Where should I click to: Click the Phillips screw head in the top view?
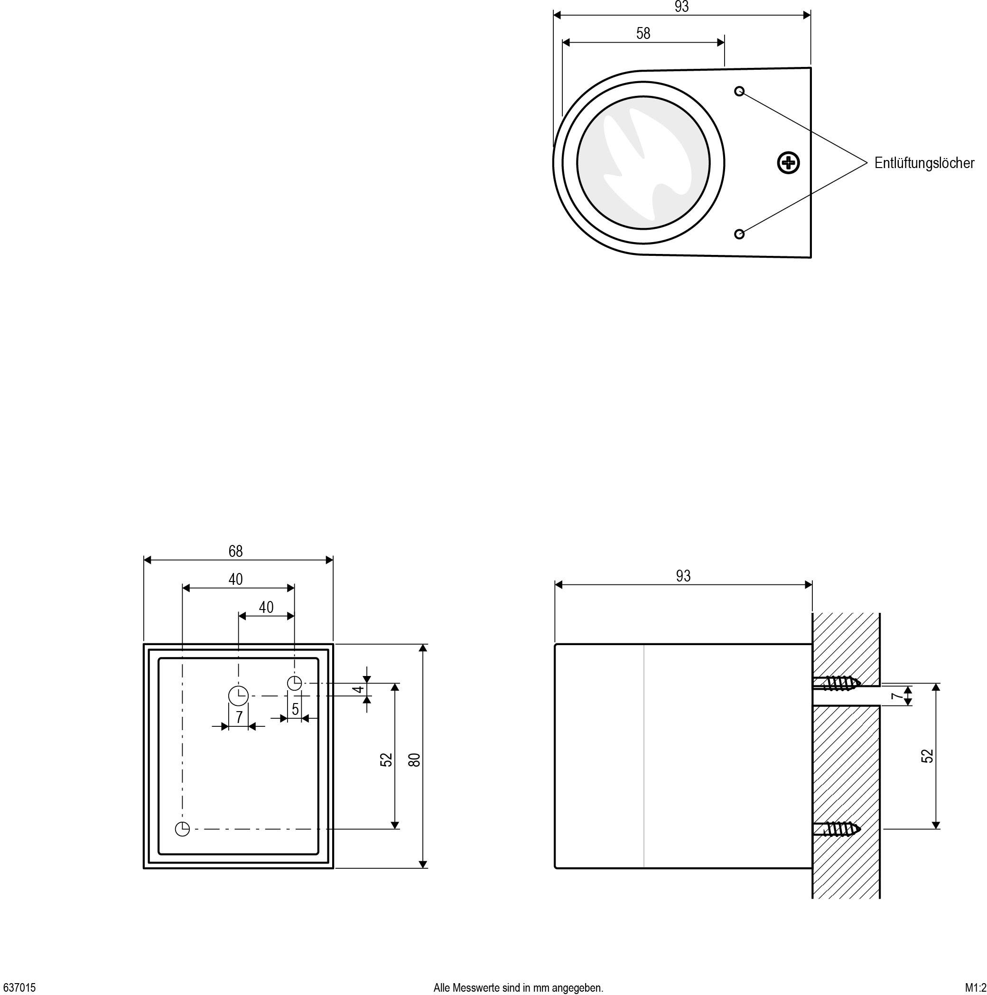(787, 163)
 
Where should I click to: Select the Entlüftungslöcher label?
(924, 163)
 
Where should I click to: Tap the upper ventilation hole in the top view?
(739, 91)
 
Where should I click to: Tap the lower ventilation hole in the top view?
(739, 234)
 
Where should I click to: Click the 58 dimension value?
(642, 34)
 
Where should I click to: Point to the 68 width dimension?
(235, 551)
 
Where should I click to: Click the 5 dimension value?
(295, 709)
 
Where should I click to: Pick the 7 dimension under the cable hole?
(239, 717)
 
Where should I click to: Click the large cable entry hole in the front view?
(238, 696)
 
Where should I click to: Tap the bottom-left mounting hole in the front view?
(182, 829)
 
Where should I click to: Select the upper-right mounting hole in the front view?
(294, 683)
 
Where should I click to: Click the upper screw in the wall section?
(837, 683)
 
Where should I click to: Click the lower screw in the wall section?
(837, 829)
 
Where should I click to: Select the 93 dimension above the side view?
(683, 576)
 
